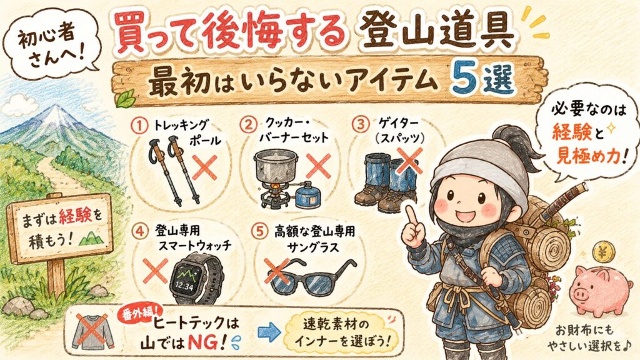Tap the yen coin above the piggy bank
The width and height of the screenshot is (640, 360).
tap(602, 252)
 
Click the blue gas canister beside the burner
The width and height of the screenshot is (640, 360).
tap(307, 196)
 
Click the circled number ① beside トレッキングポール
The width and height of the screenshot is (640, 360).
tap(139, 126)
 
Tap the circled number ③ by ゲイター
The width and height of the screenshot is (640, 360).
tap(361, 124)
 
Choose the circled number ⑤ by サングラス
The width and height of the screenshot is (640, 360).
tap(259, 232)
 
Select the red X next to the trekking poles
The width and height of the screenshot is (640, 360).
tap(204, 167)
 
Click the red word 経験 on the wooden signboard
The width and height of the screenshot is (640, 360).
tap(75, 217)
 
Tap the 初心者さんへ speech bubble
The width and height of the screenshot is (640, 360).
tap(50, 45)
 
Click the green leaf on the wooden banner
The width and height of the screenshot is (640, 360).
tap(125, 99)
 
